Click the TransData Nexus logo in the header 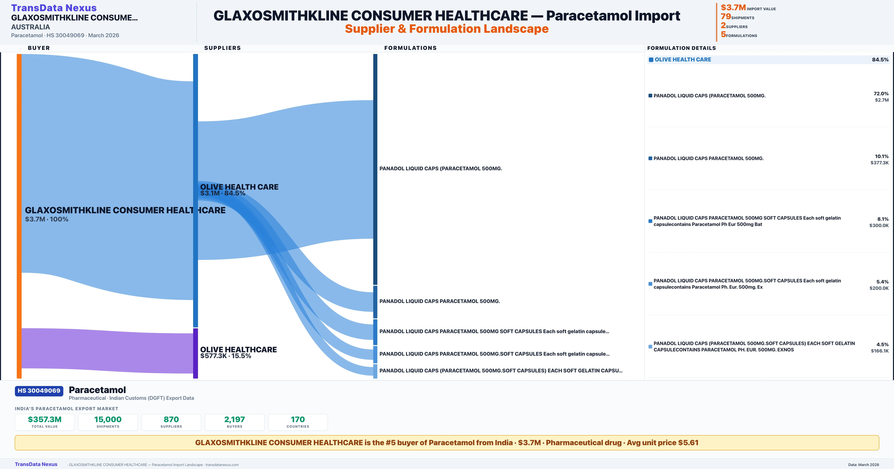click(x=54, y=8)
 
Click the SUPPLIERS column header click(x=222, y=48)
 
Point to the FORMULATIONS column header click(x=410, y=48)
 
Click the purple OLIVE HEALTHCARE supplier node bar click(x=195, y=353)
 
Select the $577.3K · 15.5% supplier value click(x=226, y=356)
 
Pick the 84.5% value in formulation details click(x=880, y=60)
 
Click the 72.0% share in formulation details click(x=881, y=94)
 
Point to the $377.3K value click(x=879, y=163)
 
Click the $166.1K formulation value click(x=879, y=351)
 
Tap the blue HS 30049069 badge click(x=39, y=391)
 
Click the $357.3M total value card click(x=45, y=422)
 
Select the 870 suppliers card click(x=171, y=422)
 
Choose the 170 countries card click(x=298, y=422)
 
